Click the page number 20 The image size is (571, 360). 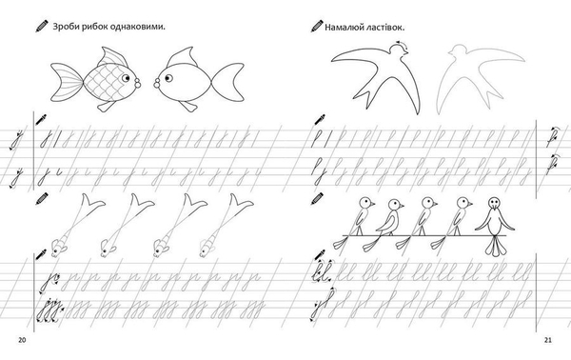tap(22, 340)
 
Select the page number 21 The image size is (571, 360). tap(548, 340)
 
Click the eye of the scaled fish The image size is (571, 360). tap(126, 77)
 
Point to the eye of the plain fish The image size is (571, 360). tap(168, 77)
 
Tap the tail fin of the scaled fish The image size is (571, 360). tap(67, 82)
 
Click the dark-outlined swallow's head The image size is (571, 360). tap(400, 50)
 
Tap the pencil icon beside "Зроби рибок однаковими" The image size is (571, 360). tap(42, 27)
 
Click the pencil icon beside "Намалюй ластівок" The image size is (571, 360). tap(317, 27)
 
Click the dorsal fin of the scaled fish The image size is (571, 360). tap(114, 56)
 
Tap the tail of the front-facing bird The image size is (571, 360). tap(495, 246)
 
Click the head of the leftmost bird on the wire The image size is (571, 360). tap(366, 203)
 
